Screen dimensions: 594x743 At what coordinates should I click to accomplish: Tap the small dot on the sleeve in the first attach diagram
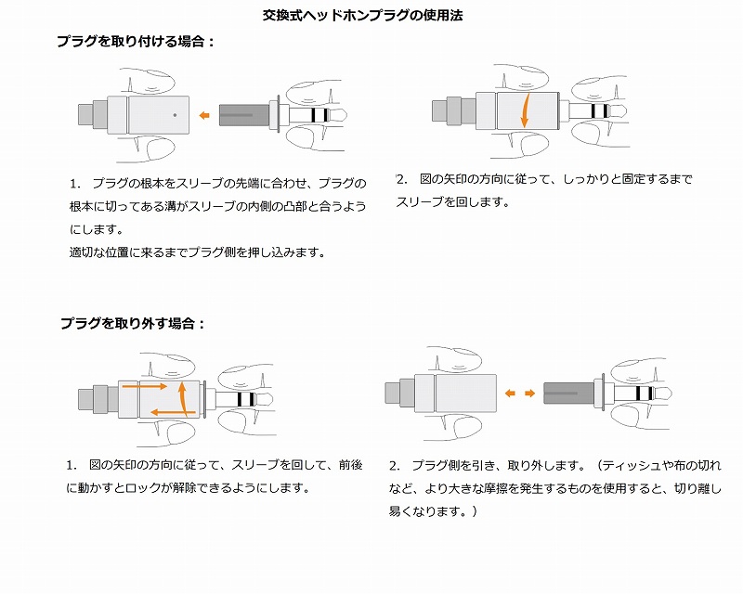click(x=176, y=115)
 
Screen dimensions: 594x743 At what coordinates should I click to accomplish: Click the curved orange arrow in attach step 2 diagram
click(x=525, y=109)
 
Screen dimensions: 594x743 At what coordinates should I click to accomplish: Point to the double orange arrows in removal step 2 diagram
click(x=519, y=393)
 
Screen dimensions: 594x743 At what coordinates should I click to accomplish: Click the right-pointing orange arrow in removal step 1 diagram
click(x=149, y=385)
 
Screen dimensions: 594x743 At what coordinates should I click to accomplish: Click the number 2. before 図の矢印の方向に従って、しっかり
click(x=401, y=178)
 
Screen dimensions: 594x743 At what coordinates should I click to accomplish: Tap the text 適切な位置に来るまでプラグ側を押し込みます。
click(x=197, y=252)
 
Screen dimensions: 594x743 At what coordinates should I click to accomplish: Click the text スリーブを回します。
click(x=452, y=201)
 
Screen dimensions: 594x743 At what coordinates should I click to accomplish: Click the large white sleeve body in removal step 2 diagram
click(x=464, y=393)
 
